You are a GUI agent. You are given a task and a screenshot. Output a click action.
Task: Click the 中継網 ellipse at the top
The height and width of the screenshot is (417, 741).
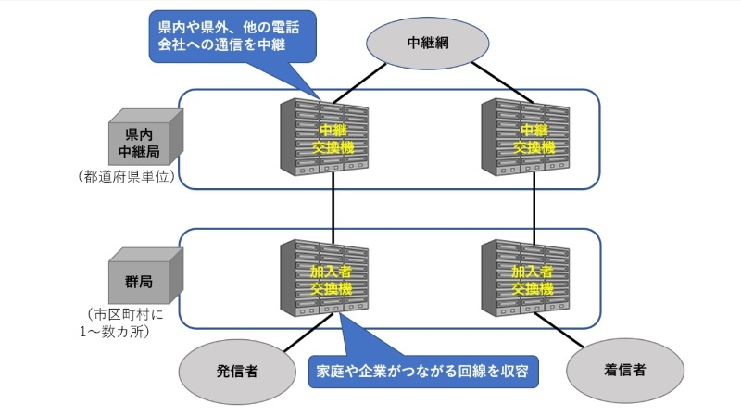point(428,43)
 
